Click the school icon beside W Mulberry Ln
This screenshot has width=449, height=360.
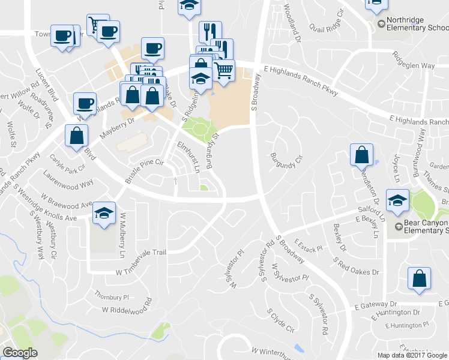pyautogui.click(x=104, y=213)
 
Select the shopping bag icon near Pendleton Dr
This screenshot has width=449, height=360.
pyautogui.click(x=363, y=155)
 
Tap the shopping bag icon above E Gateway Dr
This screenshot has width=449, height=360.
pyautogui.click(x=418, y=278)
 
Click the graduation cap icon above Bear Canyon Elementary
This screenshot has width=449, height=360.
pyautogui.click(x=397, y=201)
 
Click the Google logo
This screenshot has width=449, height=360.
pyautogui.click(x=20, y=353)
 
